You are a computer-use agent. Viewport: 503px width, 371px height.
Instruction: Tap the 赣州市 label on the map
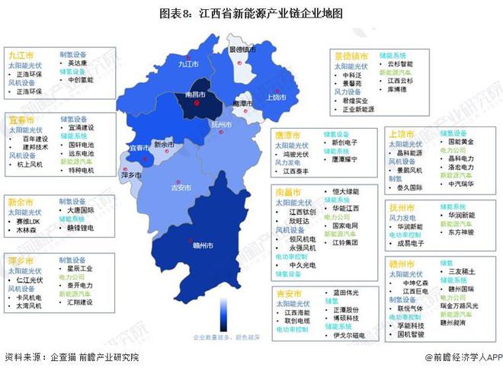[x=203, y=245]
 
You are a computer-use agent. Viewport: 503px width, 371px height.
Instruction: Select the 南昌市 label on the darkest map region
[x=196, y=95]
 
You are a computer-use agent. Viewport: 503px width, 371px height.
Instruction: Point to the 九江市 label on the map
[x=187, y=64]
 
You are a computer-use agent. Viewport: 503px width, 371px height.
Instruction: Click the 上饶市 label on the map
[x=275, y=98]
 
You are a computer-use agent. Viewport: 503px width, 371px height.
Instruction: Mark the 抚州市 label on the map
[x=221, y=123]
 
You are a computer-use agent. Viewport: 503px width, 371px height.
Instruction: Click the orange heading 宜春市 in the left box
[x=21, y=120]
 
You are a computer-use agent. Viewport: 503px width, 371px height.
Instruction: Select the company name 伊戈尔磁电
[x=350, y=334]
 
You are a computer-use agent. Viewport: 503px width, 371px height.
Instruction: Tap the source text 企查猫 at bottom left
[x=64, y=357]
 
